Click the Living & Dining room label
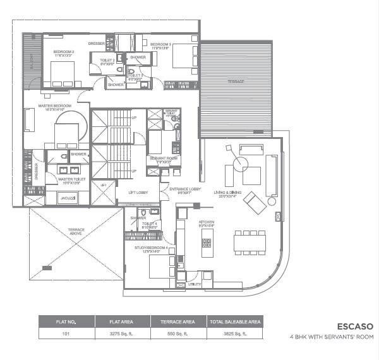click(x=228, y=192)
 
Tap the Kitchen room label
click(x=207, y=222)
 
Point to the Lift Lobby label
click(x=138, y=192)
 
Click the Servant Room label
click(x=161, y=159)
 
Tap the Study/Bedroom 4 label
click(x=150, y=248)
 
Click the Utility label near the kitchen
click(x=194, y=285)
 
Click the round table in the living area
click(x=240, y=164)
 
